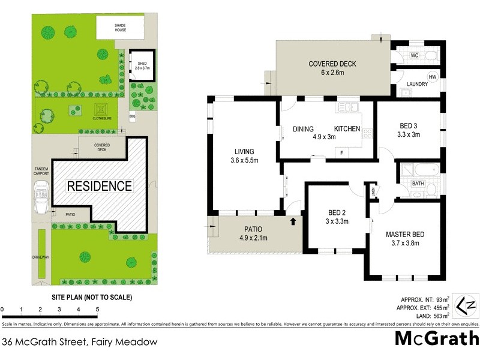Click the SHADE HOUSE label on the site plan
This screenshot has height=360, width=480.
[121, 27]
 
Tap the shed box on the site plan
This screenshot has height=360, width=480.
[142, 65]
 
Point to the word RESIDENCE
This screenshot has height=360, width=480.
[99, 186]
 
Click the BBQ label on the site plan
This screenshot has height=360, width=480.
[132, 116]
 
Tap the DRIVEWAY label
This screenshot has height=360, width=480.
[41, 257]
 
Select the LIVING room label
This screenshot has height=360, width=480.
[244, 156]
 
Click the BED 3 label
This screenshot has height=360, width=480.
[409, 130]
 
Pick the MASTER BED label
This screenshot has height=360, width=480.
[405, 238]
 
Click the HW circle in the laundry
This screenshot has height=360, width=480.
[432, 77]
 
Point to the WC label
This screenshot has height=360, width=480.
[414, 55]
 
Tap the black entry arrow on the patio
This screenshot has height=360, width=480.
[293, 222]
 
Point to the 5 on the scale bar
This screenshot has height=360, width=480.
[97, 310]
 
